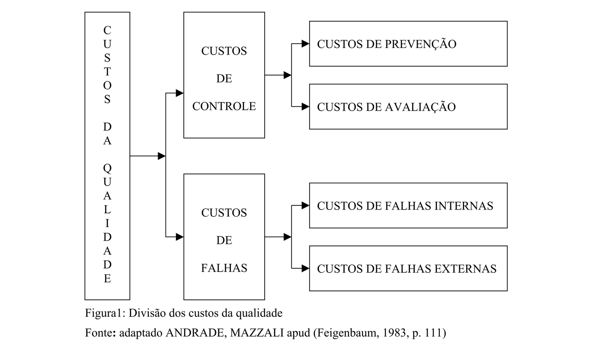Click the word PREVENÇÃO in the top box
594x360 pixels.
pos(421,44)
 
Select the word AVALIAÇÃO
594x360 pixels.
pos(420,107)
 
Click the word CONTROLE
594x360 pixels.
pos(224,106)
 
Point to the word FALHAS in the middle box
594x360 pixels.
pos(224,268)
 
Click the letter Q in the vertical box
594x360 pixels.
pos(107,168)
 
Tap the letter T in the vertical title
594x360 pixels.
pos(107,72)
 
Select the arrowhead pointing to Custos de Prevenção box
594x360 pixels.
pos(305,44)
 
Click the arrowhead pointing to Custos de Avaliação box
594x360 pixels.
pos(305,107)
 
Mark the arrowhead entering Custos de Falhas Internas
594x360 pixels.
pos(305,205)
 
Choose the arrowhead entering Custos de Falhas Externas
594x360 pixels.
pos(305,268)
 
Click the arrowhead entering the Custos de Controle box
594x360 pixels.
pos(179,93)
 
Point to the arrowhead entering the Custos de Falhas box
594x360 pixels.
pos(179,237)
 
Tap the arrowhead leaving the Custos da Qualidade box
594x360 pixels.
pos(161,156)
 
